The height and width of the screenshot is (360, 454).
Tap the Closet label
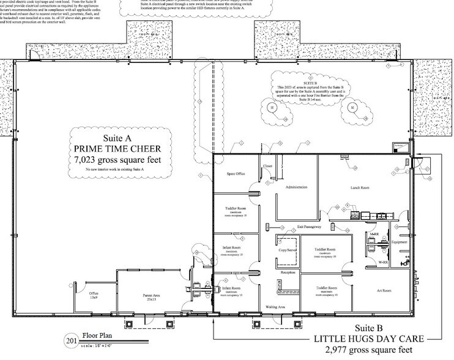267,166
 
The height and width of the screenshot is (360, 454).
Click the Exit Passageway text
309,227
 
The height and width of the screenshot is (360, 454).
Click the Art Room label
384,290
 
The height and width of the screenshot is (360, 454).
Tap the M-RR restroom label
373,235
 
